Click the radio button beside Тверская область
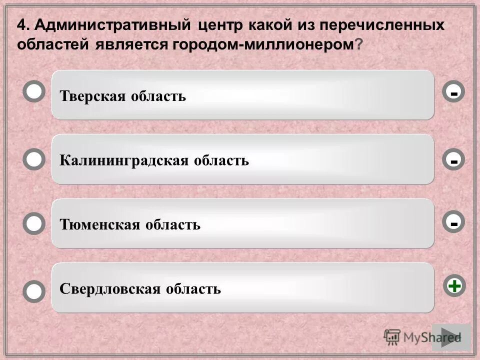pos(34,92)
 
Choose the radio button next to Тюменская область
pos(34,223)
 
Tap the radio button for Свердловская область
pos(34,291)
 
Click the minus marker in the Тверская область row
pos(454,92)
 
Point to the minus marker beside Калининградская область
pos(454,160)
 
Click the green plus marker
pos(454,286)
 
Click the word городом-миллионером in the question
pos(262,44)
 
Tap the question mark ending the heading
pos(358,44)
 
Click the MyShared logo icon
pos(392,336)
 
